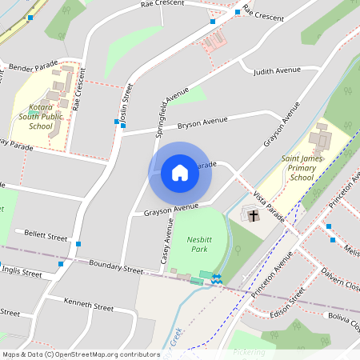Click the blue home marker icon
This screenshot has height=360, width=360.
[180, 173]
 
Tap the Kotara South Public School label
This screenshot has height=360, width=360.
[41, 116]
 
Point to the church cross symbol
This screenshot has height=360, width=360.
[254, 215]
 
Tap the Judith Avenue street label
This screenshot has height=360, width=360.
[277, 71]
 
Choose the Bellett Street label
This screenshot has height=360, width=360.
[46, 236]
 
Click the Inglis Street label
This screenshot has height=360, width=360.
[22, 273]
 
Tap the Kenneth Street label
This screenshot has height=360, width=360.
[89, 306]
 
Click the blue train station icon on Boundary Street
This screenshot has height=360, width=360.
[216, 276]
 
